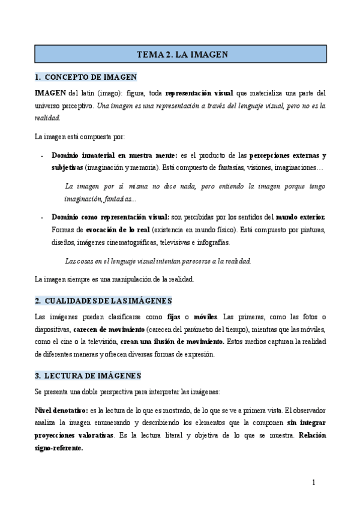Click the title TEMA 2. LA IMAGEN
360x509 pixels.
[x=180, y=54]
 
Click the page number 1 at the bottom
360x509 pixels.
[x=313, y=483]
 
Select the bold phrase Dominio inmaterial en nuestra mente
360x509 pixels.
[x=106, y=155]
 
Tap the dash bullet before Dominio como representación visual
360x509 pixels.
[x=41, y=216]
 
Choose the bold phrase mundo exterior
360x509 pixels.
[x=301, y=216]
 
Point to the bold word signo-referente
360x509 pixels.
[x=59, y=448]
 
